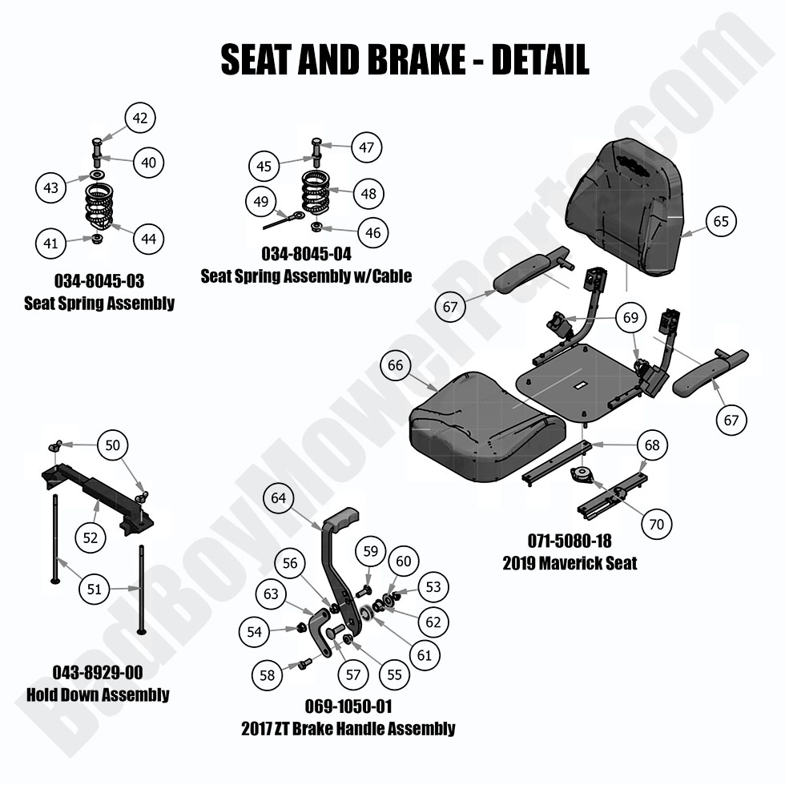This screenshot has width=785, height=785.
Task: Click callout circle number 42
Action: click(x=140, y=119)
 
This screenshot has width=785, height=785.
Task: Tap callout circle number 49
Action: click(x=261, y=202)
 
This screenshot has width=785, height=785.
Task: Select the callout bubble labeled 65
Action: click(x=721, y=221)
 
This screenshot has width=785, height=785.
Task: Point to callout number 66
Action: click(x=395, y=365)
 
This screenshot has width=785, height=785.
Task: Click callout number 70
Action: click(x=656, y=525)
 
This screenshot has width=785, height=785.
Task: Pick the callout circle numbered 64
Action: click(x=278, y=498)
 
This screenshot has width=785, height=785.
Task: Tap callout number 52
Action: click(x=91, y=537)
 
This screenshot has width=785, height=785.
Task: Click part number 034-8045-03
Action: click(x=99, y=282)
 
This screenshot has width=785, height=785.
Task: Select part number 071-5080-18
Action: click(x=570, y=541)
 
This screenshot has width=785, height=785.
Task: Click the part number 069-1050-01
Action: click(x=348, y=706)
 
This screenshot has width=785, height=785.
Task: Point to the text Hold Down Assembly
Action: click(x=98, y=694)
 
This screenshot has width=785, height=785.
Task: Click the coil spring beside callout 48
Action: click(x=316, y=193)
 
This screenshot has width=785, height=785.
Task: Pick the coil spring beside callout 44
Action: click(x=99, y=207)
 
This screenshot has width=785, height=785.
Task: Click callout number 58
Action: click(x=268, y=675)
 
